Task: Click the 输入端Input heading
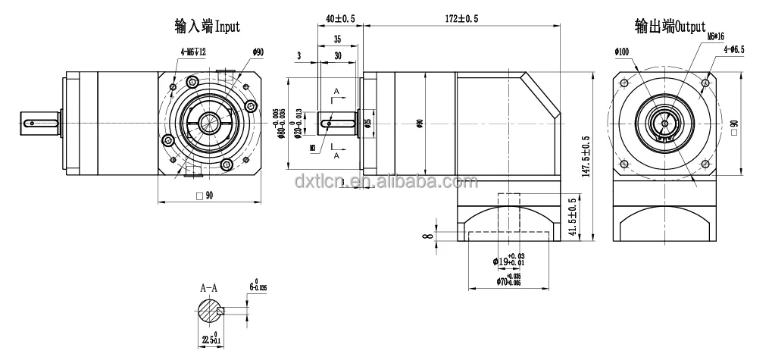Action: click(x=207, y=27)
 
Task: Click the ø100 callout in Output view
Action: click(x=622, y=52)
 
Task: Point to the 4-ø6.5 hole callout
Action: click(x=733, y=49)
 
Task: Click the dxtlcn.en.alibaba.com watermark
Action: click(x=386, y=183)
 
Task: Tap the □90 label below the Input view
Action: click(x=205, y=195)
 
